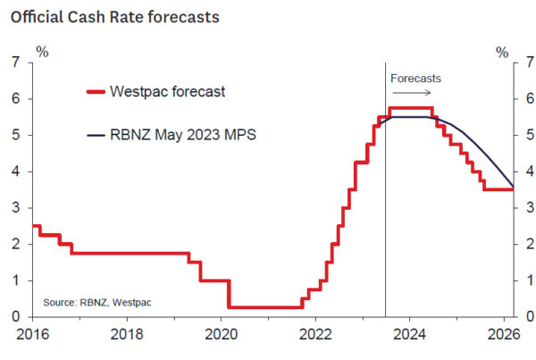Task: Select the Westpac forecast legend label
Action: (167, 91)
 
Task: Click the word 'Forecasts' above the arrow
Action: (415, 79)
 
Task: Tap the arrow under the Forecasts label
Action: (415, 91)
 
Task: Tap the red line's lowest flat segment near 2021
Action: (264, 307)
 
